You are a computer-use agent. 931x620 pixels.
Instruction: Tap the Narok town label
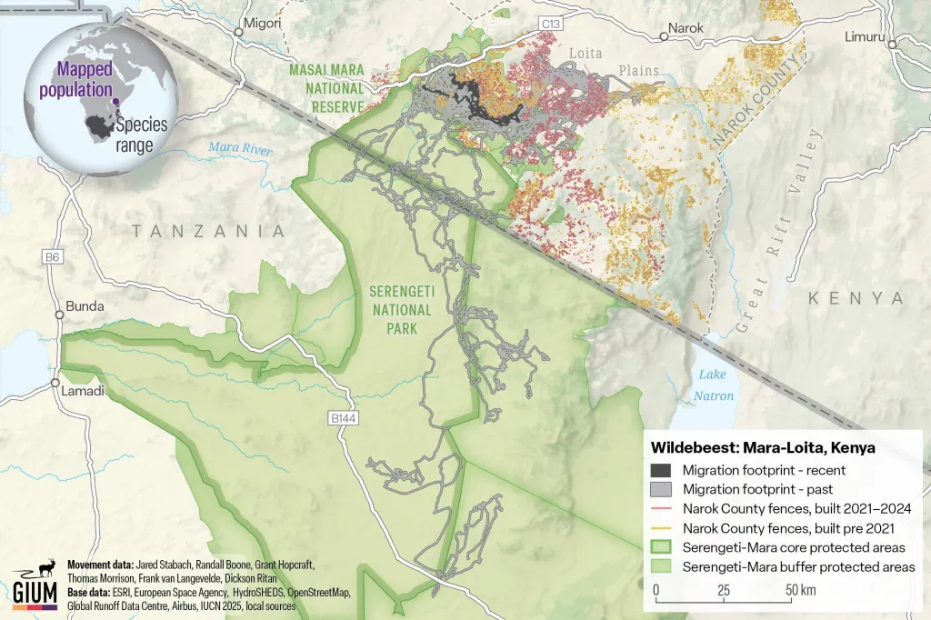[x=686, y=28]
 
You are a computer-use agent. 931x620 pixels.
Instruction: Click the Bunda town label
[x=85, y=307]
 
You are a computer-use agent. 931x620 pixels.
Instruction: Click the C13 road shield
[x=548, y=22]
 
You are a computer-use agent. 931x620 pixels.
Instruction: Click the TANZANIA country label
[x=208, y=232]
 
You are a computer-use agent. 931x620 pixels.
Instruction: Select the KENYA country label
[x=856, y=298]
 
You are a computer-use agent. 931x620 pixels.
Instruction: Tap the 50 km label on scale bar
[x=801, y=591]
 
